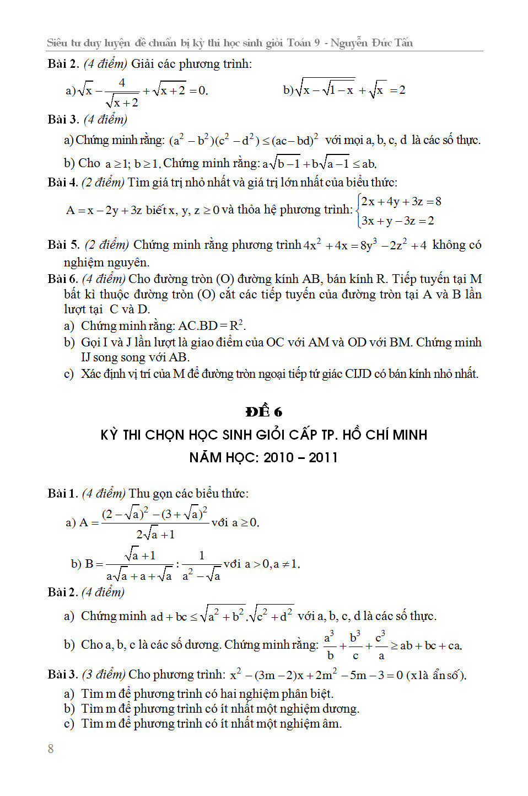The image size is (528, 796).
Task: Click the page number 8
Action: (x=51, y=749)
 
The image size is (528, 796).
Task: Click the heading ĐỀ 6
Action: (x=264, y=412)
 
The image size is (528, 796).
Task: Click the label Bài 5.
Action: (x=63, y=244)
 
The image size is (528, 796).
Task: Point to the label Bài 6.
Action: (x=62, y=279)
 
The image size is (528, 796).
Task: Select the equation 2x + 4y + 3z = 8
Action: (x=401, y=201)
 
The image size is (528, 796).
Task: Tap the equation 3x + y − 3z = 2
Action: (x=397, y=221)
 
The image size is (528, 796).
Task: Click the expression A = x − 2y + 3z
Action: (x=104, y=210)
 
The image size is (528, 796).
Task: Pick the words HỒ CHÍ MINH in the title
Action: (x=385, y=435)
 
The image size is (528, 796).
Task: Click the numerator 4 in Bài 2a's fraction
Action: (x=122, y=83)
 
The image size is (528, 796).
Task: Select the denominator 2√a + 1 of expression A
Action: (x=155, y=534)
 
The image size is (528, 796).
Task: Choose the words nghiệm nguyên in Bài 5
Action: (x=106, y=262)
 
